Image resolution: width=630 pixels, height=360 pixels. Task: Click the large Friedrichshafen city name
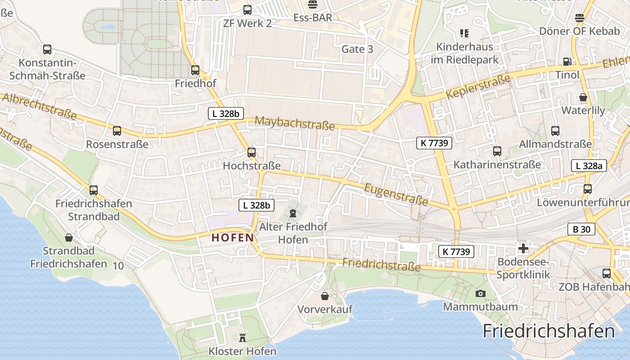(549, 331)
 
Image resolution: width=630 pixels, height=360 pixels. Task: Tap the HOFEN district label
(233, 238)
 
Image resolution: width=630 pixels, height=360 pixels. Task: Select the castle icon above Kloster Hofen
(243, 337)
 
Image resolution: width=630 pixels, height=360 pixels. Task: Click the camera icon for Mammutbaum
(481, 294)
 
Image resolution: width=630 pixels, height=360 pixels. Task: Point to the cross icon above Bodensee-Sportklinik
(523, 248)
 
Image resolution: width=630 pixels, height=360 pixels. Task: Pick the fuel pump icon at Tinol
(567, 62)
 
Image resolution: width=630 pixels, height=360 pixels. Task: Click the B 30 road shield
(581, 229)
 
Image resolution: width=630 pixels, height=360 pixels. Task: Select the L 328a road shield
(589, 166)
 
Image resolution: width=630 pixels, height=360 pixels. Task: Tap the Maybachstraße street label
(295, 123)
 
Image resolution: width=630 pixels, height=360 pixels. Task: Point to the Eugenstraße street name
(396, 193)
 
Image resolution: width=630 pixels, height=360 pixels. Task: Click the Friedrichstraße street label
(382, 265)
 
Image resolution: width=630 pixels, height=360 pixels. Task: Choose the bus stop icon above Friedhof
(195, 70)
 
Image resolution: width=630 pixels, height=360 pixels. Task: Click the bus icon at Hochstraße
(252, 153)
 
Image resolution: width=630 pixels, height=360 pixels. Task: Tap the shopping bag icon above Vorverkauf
(325, 296)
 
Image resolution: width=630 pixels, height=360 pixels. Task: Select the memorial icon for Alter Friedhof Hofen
(293, 213)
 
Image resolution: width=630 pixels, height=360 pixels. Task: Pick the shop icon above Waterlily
(583, 97)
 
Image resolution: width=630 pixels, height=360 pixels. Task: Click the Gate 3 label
(357, 49)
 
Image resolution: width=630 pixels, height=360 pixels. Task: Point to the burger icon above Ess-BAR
(313, 5)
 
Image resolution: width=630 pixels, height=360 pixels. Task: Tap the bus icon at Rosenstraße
(117, 131)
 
